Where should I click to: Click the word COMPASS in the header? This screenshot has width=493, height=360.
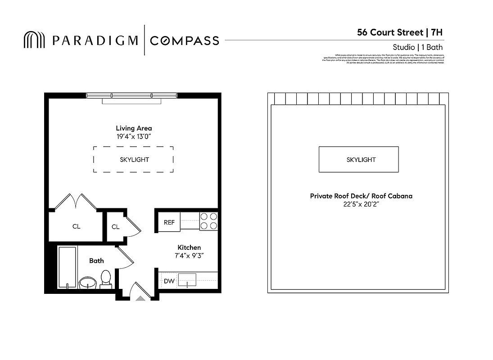[184, 40]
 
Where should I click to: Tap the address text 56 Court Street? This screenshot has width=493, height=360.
[390, 32]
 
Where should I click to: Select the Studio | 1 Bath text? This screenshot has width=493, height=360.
[417, 47]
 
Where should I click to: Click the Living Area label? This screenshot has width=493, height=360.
[134, 128]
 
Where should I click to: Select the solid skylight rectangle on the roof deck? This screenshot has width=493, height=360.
[358, 159]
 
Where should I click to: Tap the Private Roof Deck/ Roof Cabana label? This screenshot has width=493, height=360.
[361, 196]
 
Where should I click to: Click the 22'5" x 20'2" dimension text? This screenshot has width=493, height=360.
[361, 204]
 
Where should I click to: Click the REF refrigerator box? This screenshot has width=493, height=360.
[169, 222]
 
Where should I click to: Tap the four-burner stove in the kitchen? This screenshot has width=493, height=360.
[208, 221]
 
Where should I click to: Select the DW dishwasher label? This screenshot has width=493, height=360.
[169, 281]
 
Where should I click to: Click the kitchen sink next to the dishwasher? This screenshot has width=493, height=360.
[187, 280]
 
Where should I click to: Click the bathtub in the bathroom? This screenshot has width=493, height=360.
[67, 267]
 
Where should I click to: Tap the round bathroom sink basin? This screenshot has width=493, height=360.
[87, 283]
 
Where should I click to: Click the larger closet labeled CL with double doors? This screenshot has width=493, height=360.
[76, 226]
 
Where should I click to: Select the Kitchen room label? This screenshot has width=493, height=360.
[189, 247]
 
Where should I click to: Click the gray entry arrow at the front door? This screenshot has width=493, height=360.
[140, 297]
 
